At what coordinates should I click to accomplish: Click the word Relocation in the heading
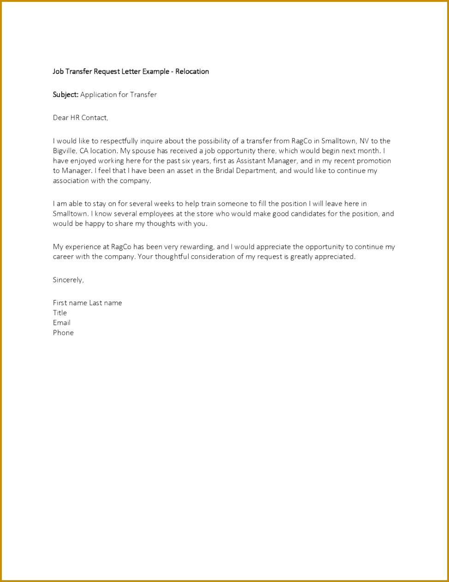192,72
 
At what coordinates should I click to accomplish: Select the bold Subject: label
65,95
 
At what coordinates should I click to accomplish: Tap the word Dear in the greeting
60,118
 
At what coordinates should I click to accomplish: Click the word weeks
164,204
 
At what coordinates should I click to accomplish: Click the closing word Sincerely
68,280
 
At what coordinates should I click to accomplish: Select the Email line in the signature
62,323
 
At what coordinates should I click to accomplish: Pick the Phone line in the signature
63,333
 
